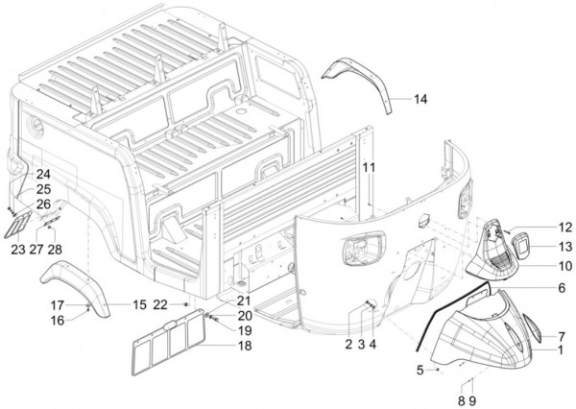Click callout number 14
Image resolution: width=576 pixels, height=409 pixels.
point(421,100)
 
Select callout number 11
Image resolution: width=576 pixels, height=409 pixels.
point(367,169)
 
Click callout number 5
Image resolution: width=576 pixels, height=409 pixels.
point(420,369)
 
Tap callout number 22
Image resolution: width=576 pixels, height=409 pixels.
point(160,304)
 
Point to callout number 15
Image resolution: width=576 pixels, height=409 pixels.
point(140,305)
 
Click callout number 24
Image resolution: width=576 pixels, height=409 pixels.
point(42,174)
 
